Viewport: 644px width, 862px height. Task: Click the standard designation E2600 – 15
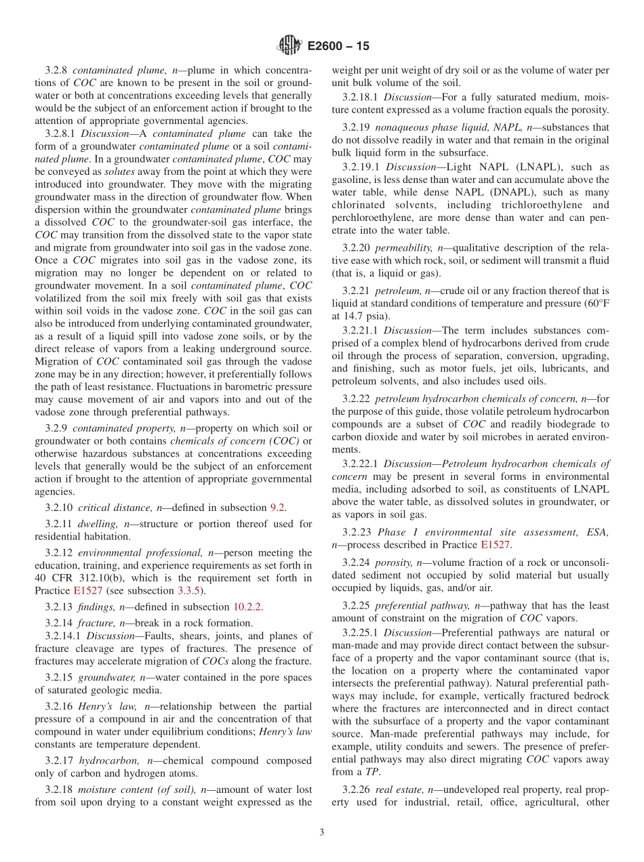tap(338, 47)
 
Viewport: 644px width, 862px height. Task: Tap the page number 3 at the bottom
tap(322, 832)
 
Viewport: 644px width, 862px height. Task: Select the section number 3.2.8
tap(57, 70)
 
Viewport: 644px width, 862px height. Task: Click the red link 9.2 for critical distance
tap(278, 508)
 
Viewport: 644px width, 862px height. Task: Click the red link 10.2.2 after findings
tap(247, 607)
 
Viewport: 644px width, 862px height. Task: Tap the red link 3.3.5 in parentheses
tap(193, 590)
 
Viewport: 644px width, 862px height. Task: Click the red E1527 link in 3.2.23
tap(495, 544)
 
